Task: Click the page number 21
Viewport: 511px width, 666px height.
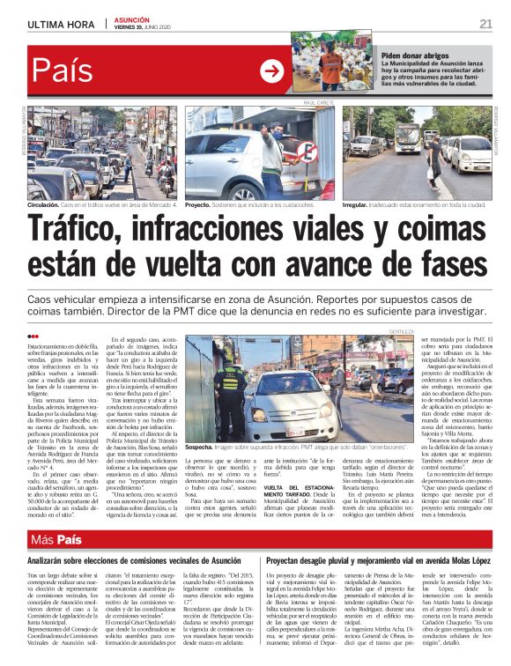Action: coord(485,22)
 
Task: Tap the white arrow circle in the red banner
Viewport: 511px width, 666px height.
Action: coord(272,70)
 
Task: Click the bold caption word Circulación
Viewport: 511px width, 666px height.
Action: coord(46,203)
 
